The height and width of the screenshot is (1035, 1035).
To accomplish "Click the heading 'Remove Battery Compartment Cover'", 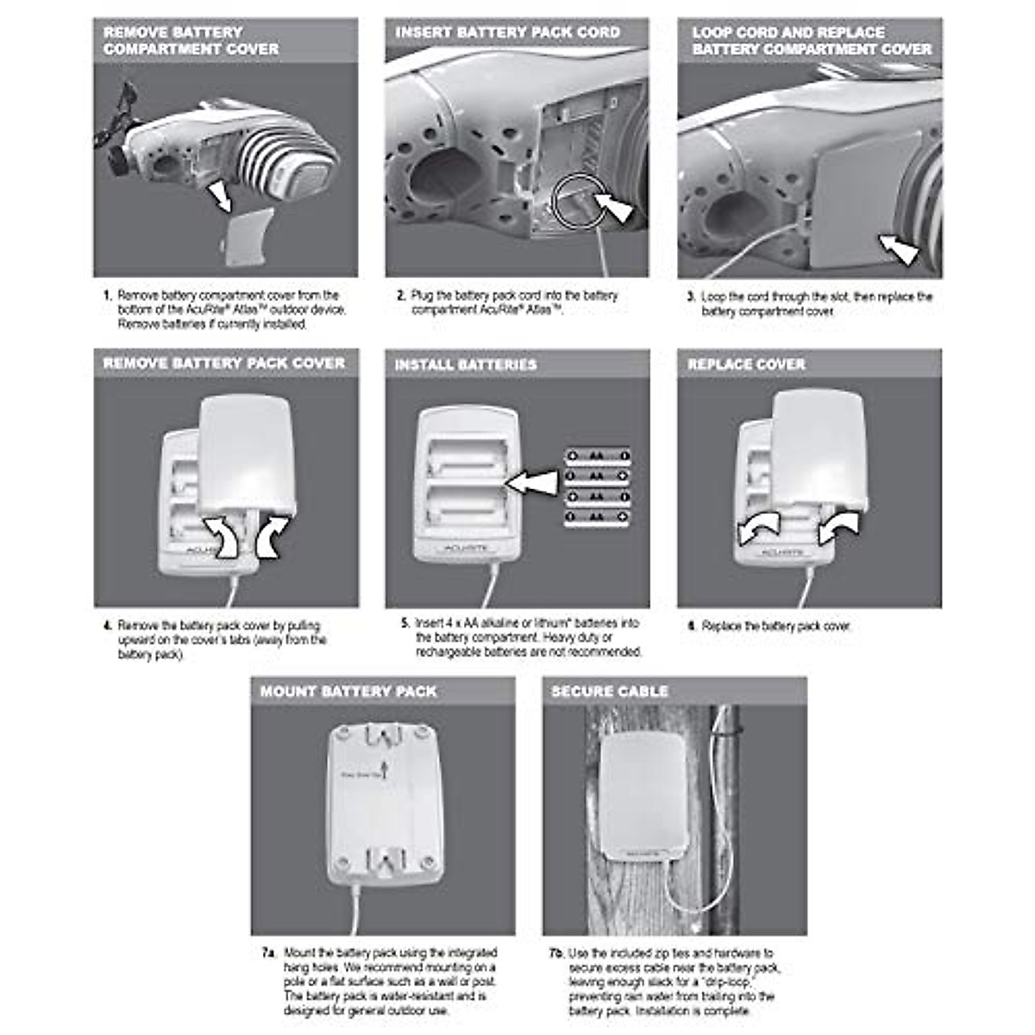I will (x=191, y=41).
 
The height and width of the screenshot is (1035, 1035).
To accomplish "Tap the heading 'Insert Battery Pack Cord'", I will (x=507, y=33).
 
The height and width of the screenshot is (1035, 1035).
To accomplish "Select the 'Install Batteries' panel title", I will (x=466, y=365).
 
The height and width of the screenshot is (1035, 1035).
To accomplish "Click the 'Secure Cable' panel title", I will (x=610, y=692).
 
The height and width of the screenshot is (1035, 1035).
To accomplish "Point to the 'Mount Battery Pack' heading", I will (x=348, y=692).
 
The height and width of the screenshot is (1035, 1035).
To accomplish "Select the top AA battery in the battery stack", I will (x=598, y=455).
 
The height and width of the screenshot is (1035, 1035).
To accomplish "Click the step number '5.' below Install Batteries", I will (x=405, y=623).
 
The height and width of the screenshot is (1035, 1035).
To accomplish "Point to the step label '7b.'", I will (x=555, y=953).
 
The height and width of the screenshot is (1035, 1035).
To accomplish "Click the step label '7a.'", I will (x=268, y=953).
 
